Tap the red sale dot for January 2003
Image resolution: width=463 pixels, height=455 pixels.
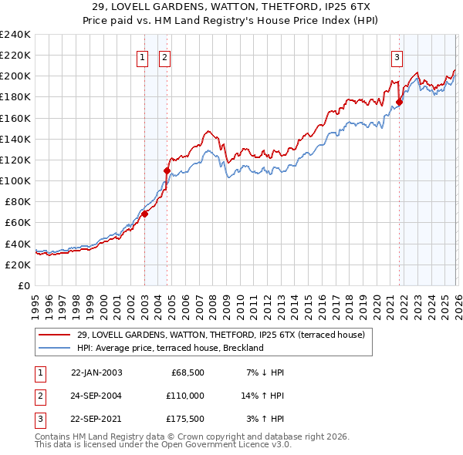click(x=144, y=214)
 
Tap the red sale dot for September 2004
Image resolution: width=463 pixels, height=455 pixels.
click(x=167, y=170)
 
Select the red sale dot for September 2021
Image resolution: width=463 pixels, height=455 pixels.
click(x=399, y=102)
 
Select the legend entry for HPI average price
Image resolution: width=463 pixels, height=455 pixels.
click(x=171, y=348)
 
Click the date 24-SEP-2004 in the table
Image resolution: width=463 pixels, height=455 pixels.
click(x=96, y=395)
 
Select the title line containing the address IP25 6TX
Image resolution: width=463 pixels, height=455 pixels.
click(x=231, y=6)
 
